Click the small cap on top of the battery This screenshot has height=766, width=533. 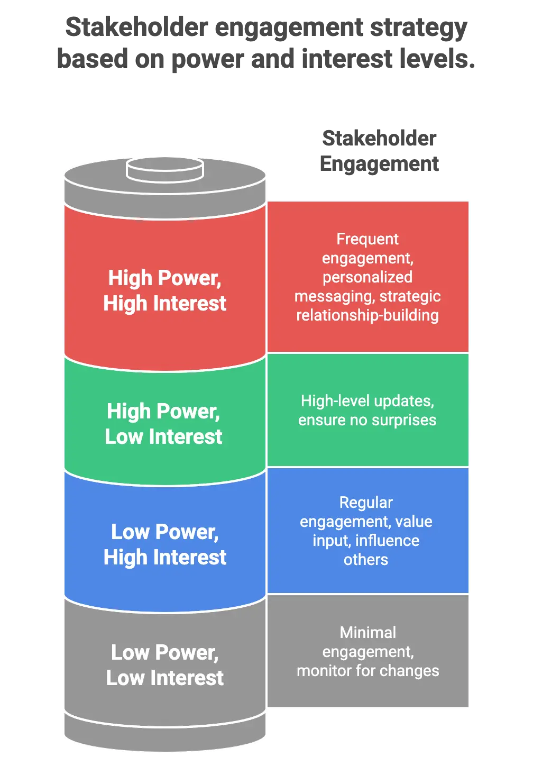tap(164, 169)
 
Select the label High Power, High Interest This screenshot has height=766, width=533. tap(164, 290)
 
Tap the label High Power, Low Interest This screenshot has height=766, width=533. tap(163, 424)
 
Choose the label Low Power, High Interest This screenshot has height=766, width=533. tap(164, 544)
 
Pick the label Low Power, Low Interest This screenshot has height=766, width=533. tap(164, 665)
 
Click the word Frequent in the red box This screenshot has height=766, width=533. tap(367, 239)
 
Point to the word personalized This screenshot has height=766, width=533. tap(367, 277)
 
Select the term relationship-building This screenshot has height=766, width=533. tap(367, 315)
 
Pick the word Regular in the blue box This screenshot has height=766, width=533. tap(366, 503)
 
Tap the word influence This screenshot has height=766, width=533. tap(387, 541)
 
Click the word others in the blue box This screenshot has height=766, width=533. tap(366, 560)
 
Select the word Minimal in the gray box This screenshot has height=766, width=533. tap(368, 633)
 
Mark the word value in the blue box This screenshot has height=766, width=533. tap(413, 522)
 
